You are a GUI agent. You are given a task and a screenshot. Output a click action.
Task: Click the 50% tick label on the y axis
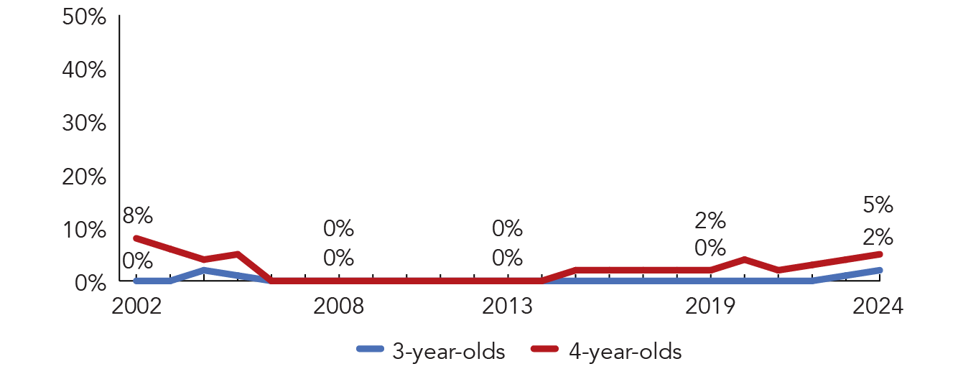[84, 17]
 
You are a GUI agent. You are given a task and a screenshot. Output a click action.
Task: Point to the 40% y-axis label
[84, 70]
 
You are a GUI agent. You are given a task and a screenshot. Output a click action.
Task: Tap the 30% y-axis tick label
[84, 123]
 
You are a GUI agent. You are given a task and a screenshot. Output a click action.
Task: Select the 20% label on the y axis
[84, 177]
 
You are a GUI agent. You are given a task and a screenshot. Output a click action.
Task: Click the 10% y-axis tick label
[84, 230]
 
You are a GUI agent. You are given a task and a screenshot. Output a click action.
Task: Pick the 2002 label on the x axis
[136, 307]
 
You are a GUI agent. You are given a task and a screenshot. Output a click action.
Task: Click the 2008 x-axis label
[339, 307]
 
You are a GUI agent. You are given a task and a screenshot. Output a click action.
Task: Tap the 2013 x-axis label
[507, 307]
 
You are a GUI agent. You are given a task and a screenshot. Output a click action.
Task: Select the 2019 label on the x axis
[710, 307]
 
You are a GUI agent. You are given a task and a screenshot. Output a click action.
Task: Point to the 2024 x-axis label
[878, 307]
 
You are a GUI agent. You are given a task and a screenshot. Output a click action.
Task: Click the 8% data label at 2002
[137, 216]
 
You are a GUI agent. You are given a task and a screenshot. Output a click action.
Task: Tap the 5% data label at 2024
[878, 205]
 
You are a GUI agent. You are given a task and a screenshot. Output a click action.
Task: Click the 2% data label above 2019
[710, 221]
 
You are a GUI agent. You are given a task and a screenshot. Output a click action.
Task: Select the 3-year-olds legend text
[449, 352]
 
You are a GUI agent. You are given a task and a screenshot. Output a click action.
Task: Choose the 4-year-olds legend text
[626, 352]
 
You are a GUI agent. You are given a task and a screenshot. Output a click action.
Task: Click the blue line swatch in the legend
[370, 349]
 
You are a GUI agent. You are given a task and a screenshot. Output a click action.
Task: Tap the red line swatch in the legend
[545, 349]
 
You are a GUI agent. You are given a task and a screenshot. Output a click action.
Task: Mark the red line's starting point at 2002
[136, 238]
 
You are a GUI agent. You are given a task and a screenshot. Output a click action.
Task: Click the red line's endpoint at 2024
[879, 254]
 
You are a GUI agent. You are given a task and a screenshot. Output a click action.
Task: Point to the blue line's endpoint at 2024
[879, 270]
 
